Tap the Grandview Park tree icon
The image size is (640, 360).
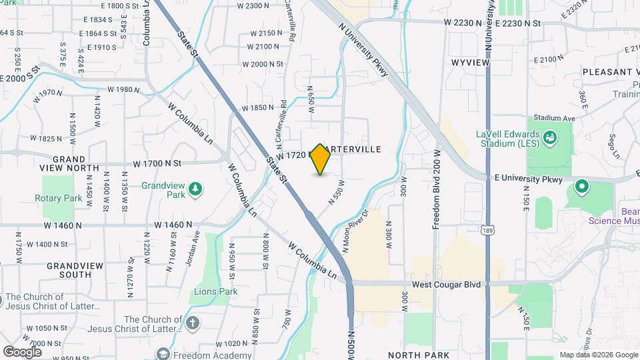coord(195,189)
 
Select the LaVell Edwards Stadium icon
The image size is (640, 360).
coord(550,138)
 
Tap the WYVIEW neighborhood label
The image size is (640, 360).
coord(470,62)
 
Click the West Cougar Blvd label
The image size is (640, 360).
coord(446,285)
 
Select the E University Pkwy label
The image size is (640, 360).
coord(529,179)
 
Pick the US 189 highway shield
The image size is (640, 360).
coord(489,230)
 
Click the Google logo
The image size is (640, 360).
coord(22,351)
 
